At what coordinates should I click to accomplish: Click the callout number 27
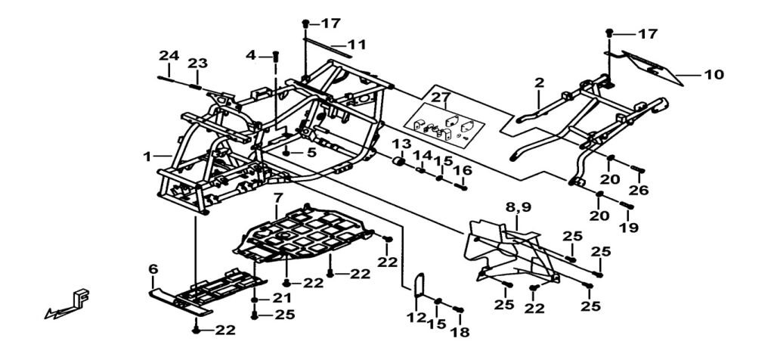(440, 97)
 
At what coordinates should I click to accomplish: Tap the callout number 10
(714, 74)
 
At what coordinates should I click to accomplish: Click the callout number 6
(153, 268)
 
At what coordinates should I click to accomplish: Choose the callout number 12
(413, 318)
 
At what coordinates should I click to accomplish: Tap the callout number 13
(401, 144)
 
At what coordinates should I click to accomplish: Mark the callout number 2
(539, 82)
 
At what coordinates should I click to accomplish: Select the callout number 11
(356, 45)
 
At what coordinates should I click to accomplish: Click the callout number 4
(252, 54)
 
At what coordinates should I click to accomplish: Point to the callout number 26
(639, 191)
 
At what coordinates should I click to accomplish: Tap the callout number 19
(629, 227)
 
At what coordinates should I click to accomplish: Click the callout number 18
(460, 332)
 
